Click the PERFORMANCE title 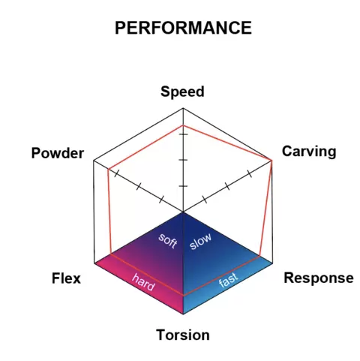point(183,28)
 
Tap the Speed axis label point(182,92)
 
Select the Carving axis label point(309,152)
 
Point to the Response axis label point(319,278)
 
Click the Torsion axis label point(183,335)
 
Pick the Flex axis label point(66,278)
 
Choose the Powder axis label point(58,153)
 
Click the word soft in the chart point(168,241)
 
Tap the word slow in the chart point(200,241)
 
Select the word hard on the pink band point(143,282)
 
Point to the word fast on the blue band point(228,280)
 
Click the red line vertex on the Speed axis point(183,125)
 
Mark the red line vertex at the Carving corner point(271,160)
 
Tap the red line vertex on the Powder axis point(108,170)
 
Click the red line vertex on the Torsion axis point(183,296)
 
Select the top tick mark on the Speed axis point(183,134)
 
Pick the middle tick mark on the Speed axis point(183,160)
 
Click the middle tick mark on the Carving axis point(227,186)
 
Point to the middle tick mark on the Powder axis point(139,186)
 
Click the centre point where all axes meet point(183,212)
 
